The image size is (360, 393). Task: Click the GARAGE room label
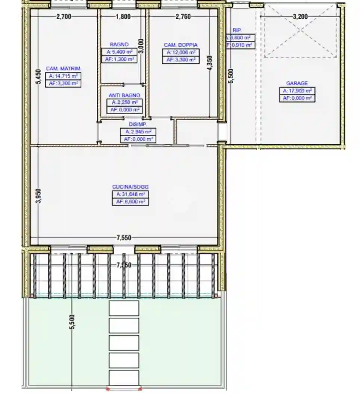[x=297, y=83]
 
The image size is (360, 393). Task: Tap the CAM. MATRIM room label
[x=63, y=69]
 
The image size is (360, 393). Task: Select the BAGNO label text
[x=119, y=45]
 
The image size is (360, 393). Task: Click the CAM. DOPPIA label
[x=181, y=45]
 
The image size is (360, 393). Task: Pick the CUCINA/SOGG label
[x=128, y=187]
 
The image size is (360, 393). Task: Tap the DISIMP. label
[x=138, y=124]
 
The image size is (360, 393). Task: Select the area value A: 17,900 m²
[x=297, y=91]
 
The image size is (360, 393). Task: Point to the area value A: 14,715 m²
[x=64, y=76]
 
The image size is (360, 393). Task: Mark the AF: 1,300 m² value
[x=119, y=59]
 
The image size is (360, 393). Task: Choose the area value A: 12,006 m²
[x=181, y=52]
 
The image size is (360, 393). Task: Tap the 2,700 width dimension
[x=64, y=16]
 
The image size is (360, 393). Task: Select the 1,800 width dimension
[x=123, y=16]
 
